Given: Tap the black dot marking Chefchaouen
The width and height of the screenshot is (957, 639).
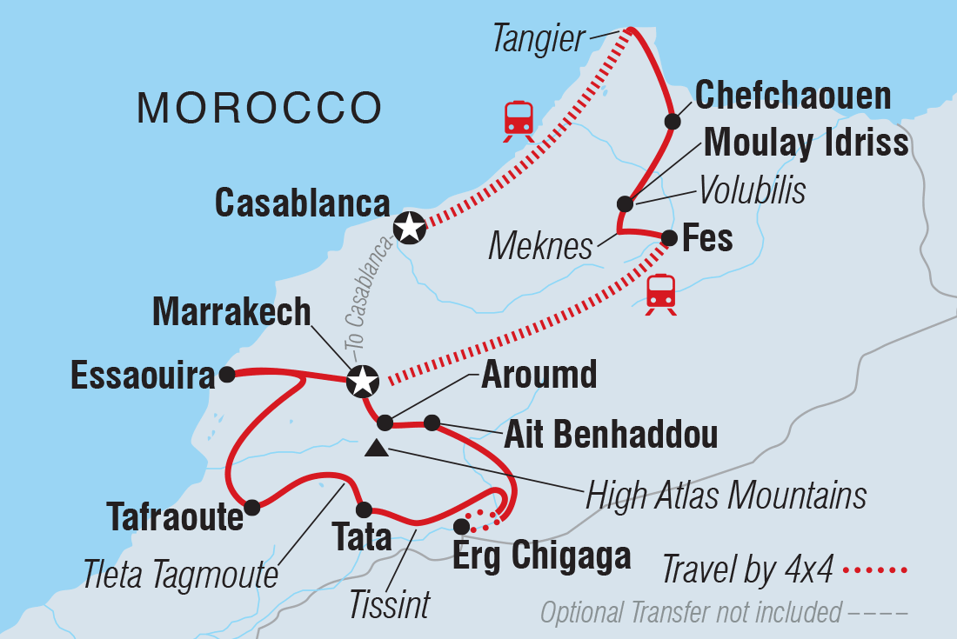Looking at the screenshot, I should (672, 122).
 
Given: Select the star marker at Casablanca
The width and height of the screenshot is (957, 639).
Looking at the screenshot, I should (409, 228).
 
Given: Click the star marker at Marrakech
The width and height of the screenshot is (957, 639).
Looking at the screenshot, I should (362, 381).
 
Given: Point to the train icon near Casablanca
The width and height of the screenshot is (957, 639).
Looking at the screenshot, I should (519, 121).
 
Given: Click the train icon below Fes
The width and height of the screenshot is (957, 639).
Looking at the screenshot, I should (661, 294).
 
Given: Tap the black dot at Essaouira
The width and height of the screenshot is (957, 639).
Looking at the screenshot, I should (226, 375).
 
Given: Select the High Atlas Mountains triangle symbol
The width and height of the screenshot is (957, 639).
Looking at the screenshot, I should (376, 449).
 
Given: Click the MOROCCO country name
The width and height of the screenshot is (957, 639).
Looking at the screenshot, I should (260, 109).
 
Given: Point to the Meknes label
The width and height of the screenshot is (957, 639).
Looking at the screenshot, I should (540, 247).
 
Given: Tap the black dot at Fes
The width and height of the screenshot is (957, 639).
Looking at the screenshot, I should (669, 237).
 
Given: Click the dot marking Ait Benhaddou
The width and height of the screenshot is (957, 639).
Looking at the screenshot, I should (432, 423).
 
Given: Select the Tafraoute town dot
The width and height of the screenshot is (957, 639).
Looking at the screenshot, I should (252, 507).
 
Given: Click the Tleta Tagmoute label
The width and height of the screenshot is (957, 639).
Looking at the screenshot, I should (179, 572).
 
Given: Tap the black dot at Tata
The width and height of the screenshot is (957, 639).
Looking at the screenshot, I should (364, 509).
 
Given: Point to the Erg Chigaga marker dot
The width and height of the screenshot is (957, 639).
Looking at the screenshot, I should (461, 526).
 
